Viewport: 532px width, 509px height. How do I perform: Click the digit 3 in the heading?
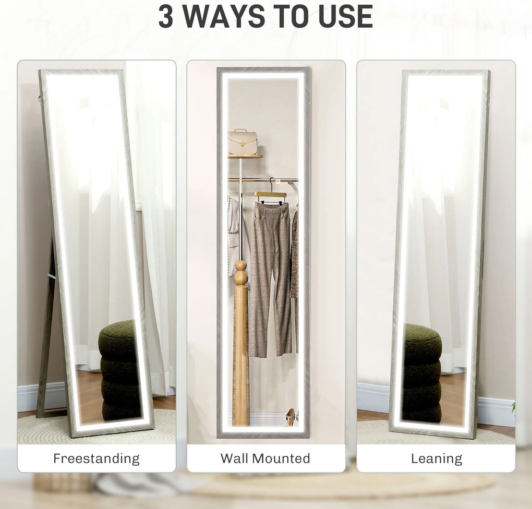click(165, 16)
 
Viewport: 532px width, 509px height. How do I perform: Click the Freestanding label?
click(96, 458)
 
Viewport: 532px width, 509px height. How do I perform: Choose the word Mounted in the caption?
click(283, 458)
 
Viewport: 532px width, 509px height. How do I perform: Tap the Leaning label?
click(437, 459)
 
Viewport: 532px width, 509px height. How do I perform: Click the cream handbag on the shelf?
click(242, 142)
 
